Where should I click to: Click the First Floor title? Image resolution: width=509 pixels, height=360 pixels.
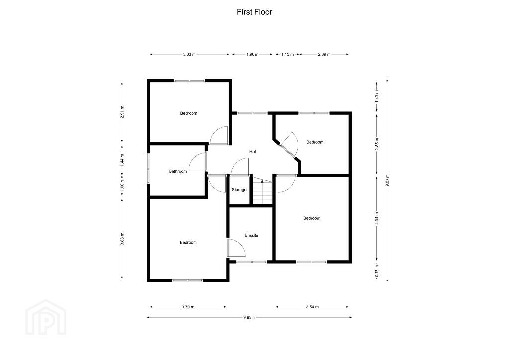(254, 12)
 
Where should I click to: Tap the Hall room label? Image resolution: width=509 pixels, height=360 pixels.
(253, 151)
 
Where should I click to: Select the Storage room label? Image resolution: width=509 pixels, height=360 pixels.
(239, 190)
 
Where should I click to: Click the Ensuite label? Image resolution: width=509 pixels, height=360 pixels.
(252, 235)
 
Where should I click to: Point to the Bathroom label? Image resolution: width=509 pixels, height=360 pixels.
(178, 171)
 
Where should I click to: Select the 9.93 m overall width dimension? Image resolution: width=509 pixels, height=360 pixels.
(250, 317)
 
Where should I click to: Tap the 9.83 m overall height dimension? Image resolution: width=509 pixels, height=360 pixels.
(387, 180)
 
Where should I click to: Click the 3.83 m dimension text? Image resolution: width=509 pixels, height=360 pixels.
(189, 55)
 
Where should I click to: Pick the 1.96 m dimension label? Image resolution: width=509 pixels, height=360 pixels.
(252, 55)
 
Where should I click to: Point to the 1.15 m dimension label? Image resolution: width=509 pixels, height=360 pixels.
(287, 55)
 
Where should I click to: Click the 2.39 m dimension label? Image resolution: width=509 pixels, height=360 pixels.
(324, 55)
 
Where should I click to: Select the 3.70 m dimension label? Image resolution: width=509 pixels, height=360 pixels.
(188, 307)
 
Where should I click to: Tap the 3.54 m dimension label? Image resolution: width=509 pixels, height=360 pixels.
(312, 307)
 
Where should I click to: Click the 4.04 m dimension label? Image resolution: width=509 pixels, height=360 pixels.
(377, 218)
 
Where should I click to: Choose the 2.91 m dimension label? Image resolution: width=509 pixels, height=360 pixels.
(122, 112)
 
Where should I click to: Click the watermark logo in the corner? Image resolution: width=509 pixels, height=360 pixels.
(46, 317)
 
